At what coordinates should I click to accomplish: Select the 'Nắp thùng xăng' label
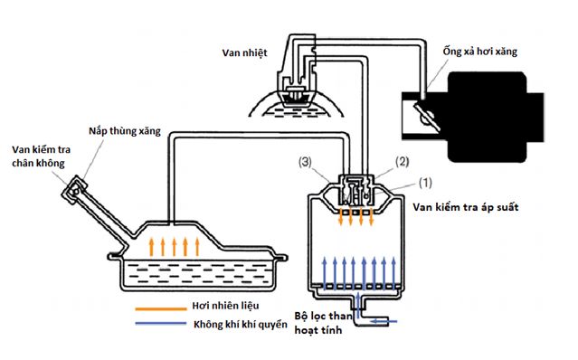125,131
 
